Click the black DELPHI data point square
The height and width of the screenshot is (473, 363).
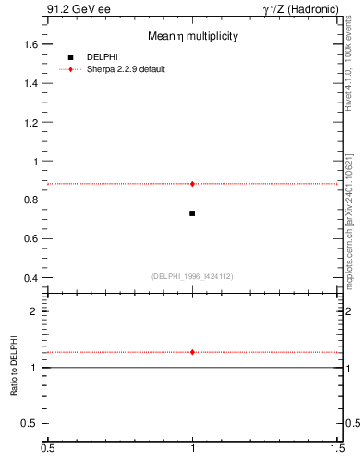point(192,213)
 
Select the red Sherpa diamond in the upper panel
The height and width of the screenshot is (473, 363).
point(192,184)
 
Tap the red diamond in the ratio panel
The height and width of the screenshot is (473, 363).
point(192,352)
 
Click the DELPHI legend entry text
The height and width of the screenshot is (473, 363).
point(102,57)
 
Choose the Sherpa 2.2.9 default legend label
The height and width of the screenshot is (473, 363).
point(126,69)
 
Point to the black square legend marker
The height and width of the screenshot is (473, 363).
point(70,57)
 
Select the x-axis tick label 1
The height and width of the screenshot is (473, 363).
point(192,448)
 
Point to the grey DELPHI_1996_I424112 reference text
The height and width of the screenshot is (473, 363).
point(192,275)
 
